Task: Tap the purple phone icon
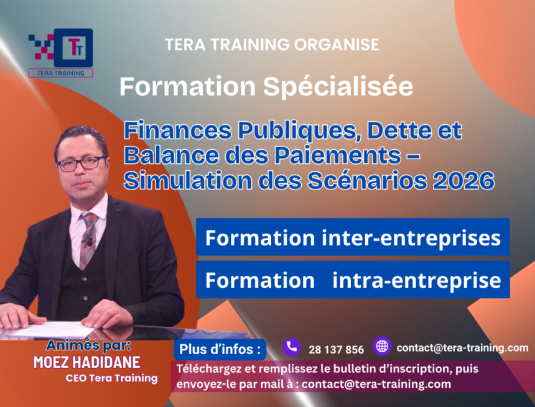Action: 291,347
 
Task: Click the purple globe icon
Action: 381,346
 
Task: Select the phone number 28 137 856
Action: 336,349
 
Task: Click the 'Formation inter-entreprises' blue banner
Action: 353,237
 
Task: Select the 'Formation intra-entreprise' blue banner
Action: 353,280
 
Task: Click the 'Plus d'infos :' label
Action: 220,349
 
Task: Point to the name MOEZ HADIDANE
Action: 86,363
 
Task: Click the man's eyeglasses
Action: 81,163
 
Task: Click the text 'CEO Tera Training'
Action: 111,378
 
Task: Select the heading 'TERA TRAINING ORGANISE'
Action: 272,45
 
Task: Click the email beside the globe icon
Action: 462,348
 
